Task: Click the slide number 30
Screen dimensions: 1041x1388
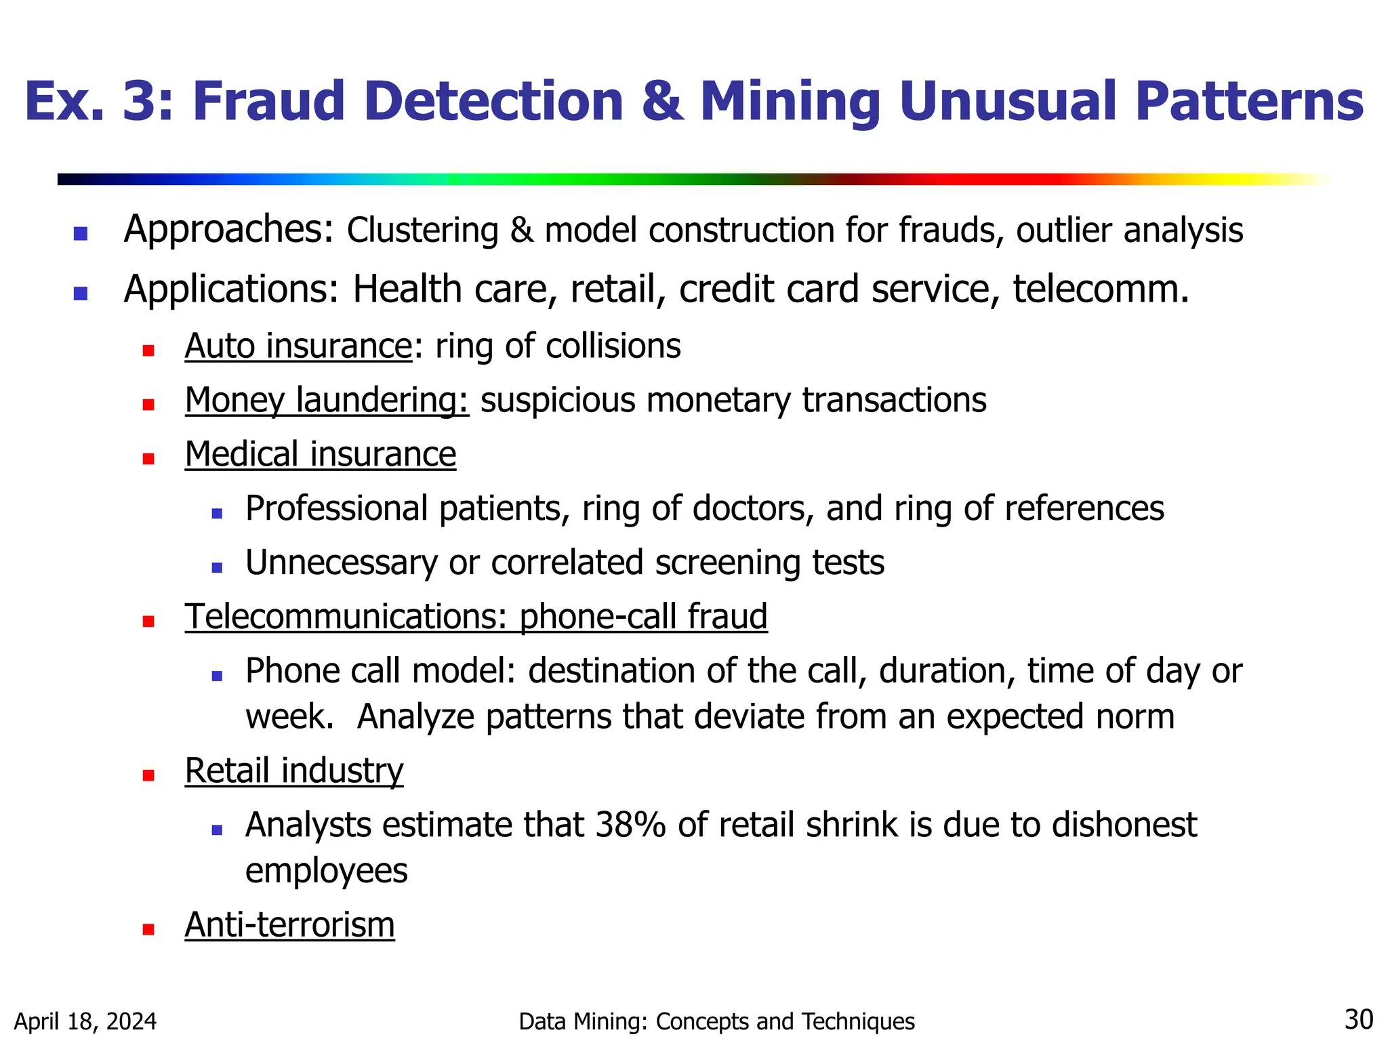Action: pyautogui.click(x=1358, y=1020)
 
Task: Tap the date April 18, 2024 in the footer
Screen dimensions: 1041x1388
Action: pyautogui.click(x=85, y=1021)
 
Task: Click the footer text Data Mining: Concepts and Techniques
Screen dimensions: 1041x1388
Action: pyautogui.click(x=716, y=1021)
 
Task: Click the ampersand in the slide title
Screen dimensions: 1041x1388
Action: pyautogui.click(x=661, y=102)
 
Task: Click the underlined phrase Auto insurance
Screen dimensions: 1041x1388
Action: pyautogui.click(x=298, y=346)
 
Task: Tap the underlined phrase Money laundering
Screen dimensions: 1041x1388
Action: pyautogui.click(x=327, y=401)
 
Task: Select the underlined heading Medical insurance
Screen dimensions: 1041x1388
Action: pyautogui.click(x=321, y=455)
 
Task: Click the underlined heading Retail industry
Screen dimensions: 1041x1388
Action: pyautogui.click(x=294, y=771)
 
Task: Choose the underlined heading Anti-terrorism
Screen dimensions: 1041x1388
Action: pyautogui.click(x=289, y=925)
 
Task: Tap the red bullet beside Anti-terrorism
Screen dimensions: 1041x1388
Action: pyautogui.click(x=148, y=929)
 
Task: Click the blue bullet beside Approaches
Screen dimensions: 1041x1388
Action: pyautogui.click(x=81, y=234)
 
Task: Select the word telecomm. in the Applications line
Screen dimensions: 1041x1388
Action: pyautogui.click(x=1101, y=290)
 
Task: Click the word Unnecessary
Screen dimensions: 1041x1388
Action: pyautogui.click(x=342, y=563)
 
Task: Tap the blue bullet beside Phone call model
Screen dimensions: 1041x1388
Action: pyautogui.click(x=217, y=676)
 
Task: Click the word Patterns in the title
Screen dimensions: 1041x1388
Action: pyautogui.click(x=1249, y=102)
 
